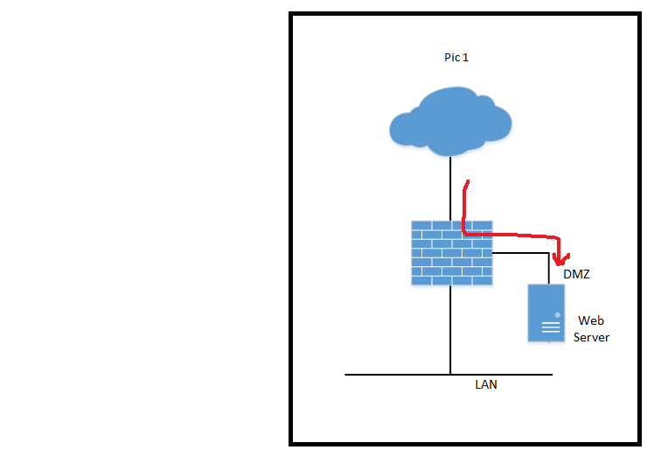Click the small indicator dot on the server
tap(558, 313)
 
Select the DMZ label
tap(576, 274)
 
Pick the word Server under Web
tap(591, 337)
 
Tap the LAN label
tap(486, 384)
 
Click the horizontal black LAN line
tap(393, 375)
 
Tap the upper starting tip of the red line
tap(468, 182)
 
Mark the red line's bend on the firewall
tap(464, 233)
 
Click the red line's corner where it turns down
tap(556, 238)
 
